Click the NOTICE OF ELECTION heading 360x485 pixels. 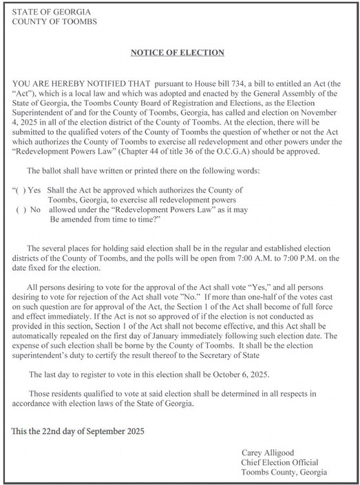(x=178, y=52)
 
